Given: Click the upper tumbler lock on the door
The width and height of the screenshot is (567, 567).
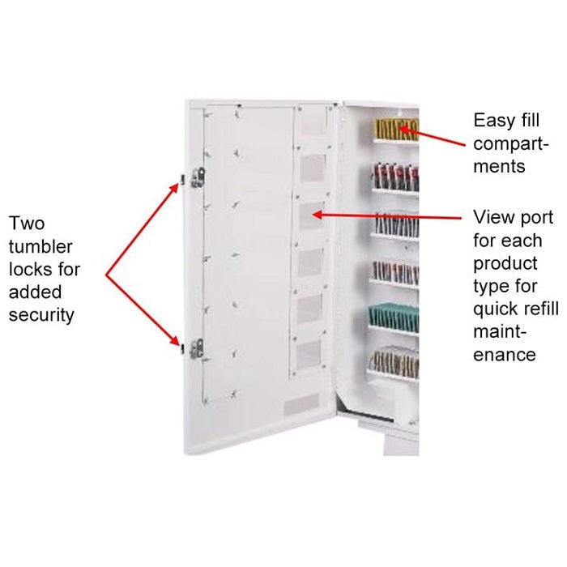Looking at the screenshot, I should coord(198,178).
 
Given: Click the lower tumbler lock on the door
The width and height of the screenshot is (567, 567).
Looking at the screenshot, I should coord(197,347).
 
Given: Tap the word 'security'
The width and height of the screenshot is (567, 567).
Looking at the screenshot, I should coord(40,314).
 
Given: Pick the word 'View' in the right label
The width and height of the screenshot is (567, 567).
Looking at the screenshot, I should coord(492,218).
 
